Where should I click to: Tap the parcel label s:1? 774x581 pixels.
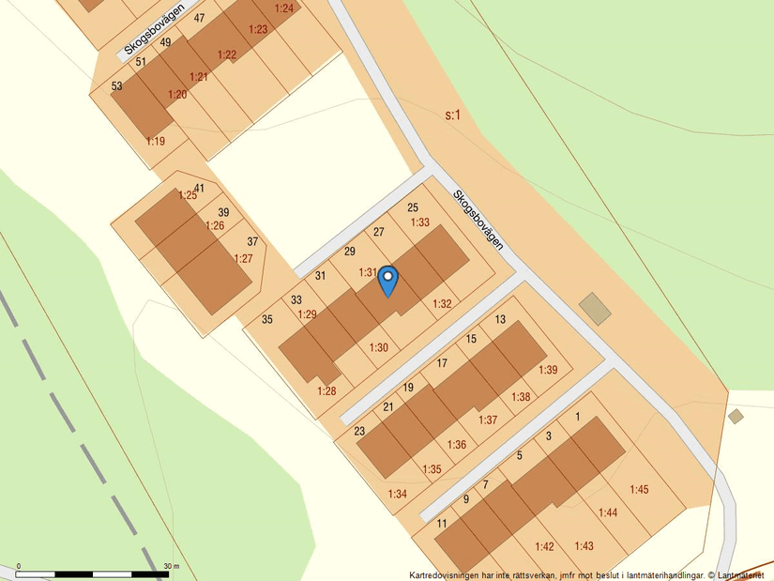click(x=453, y=115)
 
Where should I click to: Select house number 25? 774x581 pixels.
click(x=413, y=207)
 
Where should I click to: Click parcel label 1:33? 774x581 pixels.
click(x=420, y=222)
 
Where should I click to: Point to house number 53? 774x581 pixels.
click(x=117, y=85)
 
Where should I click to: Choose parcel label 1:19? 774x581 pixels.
click(x=156, y=141)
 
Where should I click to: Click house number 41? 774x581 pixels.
click(x=199, y=188)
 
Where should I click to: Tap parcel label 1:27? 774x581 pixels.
click(x=243, y=258)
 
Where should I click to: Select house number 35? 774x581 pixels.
click(x=267, y=319)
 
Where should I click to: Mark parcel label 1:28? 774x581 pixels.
click(x=326, y=390)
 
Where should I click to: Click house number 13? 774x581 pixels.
click(x=500, y=319)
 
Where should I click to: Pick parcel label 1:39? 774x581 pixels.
click(x=548, y=370)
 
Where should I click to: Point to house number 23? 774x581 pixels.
click(x=359, y=431)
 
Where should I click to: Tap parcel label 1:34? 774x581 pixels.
click(x=398, y=493)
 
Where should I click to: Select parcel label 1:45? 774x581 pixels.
click(x=639, y=489)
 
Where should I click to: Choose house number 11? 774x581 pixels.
click(x=442, y=524)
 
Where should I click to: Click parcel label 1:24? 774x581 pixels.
click(x=283, y=8)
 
